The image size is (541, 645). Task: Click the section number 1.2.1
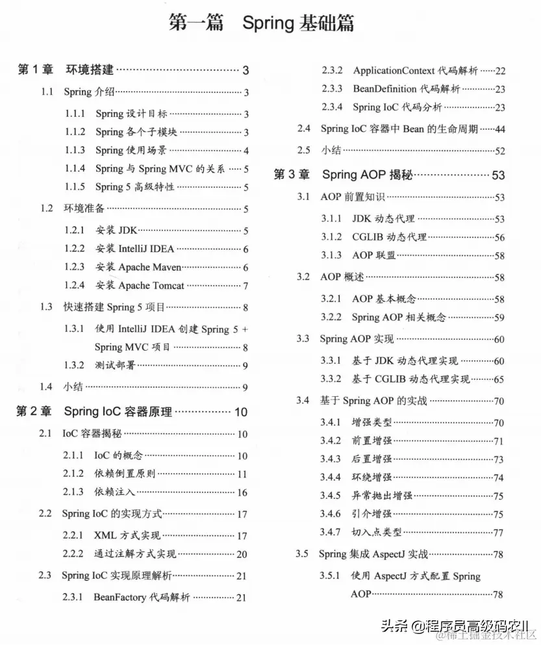pyautogui.click(x=75, y=231)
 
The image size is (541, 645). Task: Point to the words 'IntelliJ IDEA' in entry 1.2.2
pyautogui.click(x=147, y=249)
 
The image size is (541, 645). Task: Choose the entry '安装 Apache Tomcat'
pyautogui.click(x=140, y=285)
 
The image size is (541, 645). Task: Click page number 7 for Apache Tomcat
pyautogui.click(x=246, y=286)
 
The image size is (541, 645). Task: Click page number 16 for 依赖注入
pyautogui.click(x=242, y=492)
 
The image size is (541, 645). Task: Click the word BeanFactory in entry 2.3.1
pyautogui.click(x=120, y=597)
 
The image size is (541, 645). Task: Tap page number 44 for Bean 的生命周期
pyautogui.click(x=499, y=129)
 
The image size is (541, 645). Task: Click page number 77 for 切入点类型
pyautogui.click(x=499, y=533)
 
